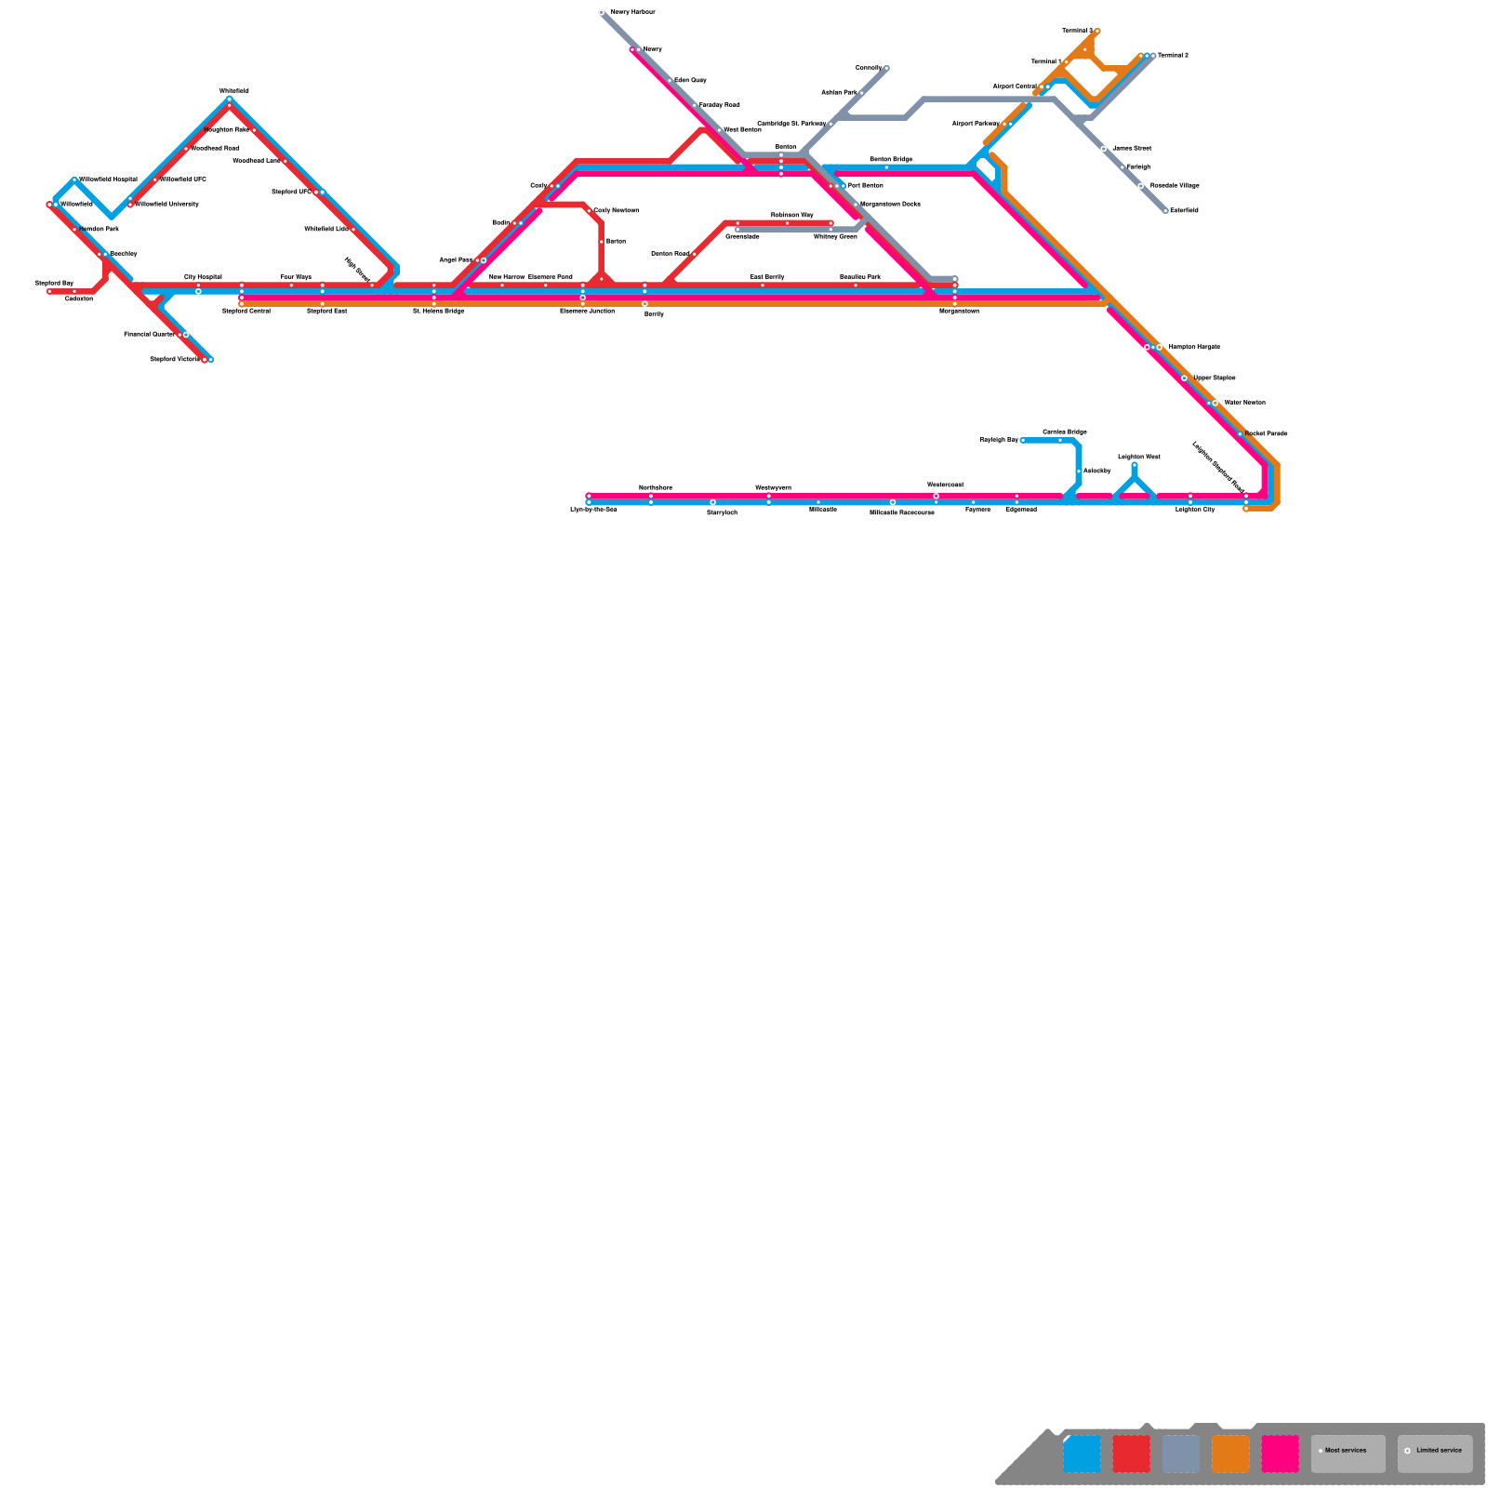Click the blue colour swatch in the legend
(x=1082, y=1454)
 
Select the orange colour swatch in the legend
(x=1230, y=1454)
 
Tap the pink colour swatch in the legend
(x=1280, y=1454)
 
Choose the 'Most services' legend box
(x=1348, y=1454)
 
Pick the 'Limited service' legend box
(x=1434, y=1454)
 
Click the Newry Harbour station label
(x=632, y=12)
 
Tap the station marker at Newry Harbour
(x=602, y=13)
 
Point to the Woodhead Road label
(x=215, y=148)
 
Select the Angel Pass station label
(x=456, y=260)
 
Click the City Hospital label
(x=203, y=277)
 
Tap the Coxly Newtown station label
(x=616, y=211)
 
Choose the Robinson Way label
(x=791, y=215)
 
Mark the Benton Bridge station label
(x=890, y=160)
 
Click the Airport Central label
(x=1014, y=86)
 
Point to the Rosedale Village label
(x=1175, y=186)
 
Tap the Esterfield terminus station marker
(x=1165, y=211)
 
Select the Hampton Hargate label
(x=1194, y=347)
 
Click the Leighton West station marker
(x=1135, y=465)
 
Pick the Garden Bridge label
(x=1064, y=432)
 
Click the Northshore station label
(x=655, y=487)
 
